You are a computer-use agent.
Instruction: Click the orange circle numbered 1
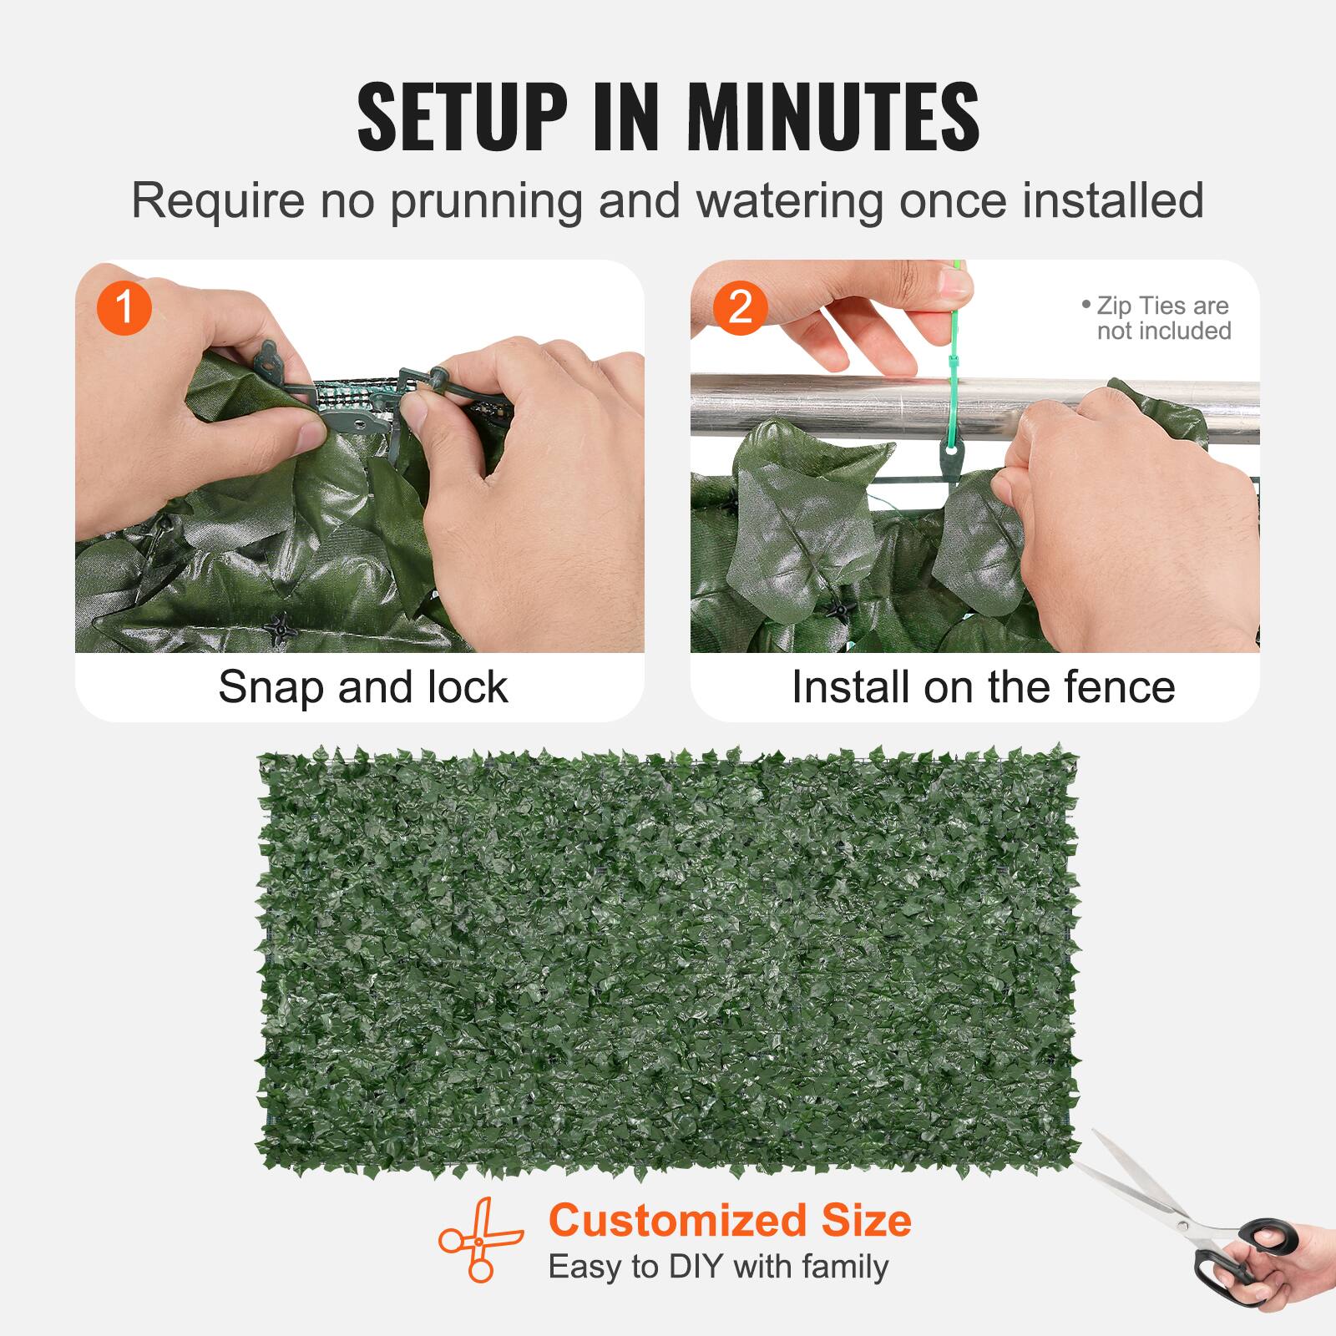(x=124, y=307)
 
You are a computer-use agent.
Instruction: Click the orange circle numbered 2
(x=740, y=307)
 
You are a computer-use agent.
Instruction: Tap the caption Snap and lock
(x=362, y=687)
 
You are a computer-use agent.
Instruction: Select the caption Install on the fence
(x=983, y=687)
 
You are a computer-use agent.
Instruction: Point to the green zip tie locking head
(x=953, y=362)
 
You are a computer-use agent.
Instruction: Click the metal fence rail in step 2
(x=827, y=405)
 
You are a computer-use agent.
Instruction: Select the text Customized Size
(x=729, y=1220)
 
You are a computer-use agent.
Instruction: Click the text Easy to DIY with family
(x=718, y=1267)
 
